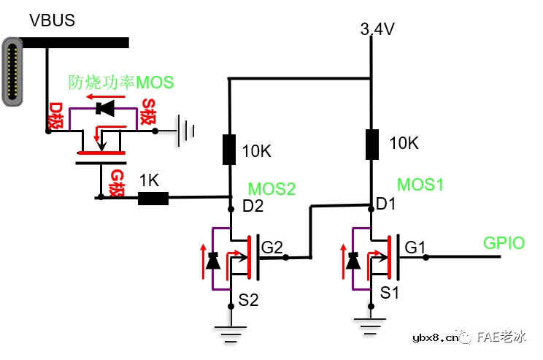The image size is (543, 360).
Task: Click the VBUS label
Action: point(51,20)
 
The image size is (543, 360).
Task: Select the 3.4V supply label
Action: point(377,29)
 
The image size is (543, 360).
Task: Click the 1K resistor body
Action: point(153,197)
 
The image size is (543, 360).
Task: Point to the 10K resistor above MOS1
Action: point(371,144)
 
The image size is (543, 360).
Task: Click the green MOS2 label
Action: point(271,189)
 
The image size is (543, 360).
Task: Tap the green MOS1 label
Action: point(420,184)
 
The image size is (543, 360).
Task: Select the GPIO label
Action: point(504,243)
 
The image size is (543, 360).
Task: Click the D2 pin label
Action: point(253,207)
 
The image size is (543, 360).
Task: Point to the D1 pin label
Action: point(385,205)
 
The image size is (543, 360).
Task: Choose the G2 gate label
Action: point(271,248)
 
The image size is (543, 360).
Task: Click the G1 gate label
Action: point(415,248)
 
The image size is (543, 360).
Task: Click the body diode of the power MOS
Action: point(107,110)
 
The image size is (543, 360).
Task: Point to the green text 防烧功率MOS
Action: point(121,82)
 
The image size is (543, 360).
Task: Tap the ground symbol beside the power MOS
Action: point(188,131)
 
